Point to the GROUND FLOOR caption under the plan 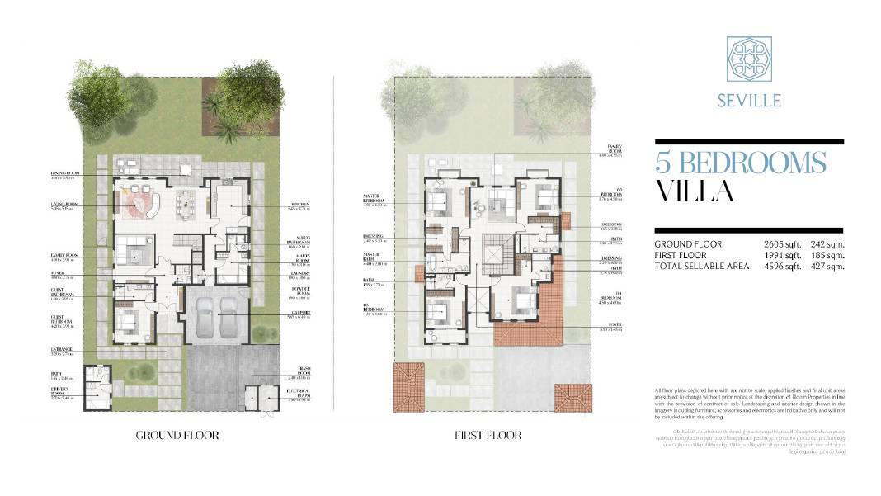[x=177, y=435]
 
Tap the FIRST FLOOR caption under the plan [x=488, y=435]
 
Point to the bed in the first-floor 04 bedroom [x=522, y=302]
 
